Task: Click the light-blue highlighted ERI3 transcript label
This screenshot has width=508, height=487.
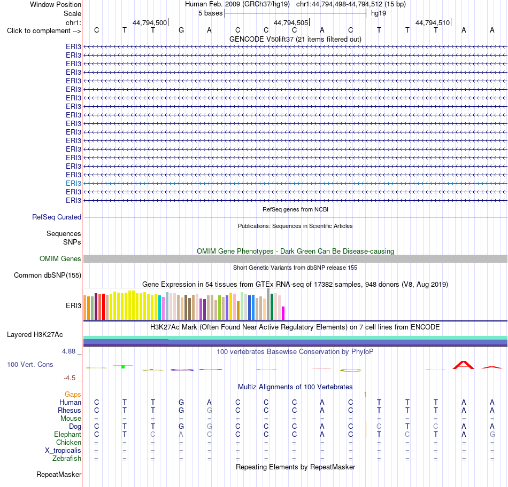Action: [73, 184]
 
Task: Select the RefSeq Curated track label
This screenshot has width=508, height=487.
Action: [56, 217]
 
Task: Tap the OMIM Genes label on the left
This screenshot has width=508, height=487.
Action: [60, 258]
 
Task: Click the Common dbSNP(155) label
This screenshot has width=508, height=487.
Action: [47, 276]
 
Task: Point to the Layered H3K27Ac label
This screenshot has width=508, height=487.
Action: [35, 335]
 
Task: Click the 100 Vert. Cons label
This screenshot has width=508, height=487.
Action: [30, 364]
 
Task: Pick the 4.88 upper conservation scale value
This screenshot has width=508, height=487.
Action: [68, 351]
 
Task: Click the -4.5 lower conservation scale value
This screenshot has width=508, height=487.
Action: [70, 378]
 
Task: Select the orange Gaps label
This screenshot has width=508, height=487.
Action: [73, 394]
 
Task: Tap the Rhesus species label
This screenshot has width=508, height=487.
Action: [70, 410]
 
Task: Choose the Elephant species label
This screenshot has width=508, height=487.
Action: [67, 434]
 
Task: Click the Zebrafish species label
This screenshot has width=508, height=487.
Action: [67, 459]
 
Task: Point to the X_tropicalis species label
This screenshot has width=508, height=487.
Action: [63, 451]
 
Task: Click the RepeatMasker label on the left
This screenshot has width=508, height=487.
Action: [59, 474]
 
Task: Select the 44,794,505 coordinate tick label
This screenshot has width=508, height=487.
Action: [290, 22]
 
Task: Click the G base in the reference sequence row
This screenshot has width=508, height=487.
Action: [181, 30]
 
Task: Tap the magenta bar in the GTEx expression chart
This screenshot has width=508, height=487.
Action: [283, 313]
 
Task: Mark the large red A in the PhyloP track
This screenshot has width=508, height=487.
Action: [463, 365]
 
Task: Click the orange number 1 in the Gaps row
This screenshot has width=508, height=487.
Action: [365, 395]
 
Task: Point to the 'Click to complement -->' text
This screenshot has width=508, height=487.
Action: [44, 31]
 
